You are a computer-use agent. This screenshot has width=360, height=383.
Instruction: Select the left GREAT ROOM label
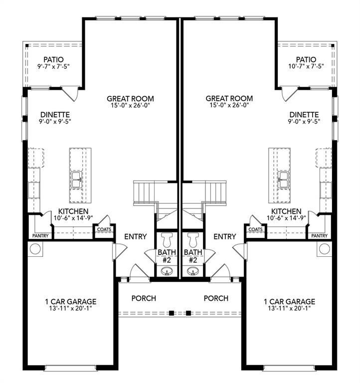coord(130,99)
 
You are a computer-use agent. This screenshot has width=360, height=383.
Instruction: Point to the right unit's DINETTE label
coord(304,114)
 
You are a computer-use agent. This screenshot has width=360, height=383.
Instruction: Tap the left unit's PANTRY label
coord(40,235)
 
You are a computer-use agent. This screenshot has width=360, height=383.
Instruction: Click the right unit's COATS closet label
coord(255,229)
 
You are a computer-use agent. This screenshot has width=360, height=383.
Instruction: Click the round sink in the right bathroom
coord(192,272)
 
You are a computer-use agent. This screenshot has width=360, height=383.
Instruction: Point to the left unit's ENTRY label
coord(135,236)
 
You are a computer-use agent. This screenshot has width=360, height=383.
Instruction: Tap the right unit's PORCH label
coord(216,298)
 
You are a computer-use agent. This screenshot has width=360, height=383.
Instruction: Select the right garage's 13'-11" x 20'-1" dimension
coord(290,309)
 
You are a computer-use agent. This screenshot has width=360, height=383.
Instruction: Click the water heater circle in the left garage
coord(36,248)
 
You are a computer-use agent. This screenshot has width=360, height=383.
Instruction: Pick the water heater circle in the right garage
coord(324,248)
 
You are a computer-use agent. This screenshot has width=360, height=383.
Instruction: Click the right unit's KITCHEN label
coord(286,211)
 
